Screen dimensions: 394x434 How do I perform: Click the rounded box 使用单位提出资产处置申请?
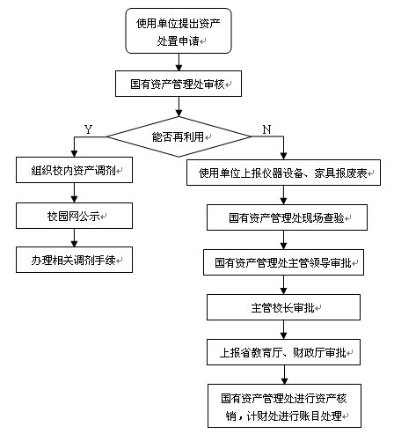click(x=179, y=31)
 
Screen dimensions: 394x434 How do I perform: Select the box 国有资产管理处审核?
click(x=179, y=84)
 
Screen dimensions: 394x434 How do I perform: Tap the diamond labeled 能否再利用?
click(x=179, y=136)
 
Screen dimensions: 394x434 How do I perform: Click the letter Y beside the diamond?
click(x=88, y=129)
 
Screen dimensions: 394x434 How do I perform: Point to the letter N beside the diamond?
click(x=266, y=129)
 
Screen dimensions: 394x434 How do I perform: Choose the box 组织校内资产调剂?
click(x=74, y=170)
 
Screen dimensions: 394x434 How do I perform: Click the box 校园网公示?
click(x=74, y=216)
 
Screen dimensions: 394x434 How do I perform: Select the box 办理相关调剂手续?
click(x=74, y=260)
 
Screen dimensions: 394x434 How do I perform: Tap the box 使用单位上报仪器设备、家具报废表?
click(x=283, y=173)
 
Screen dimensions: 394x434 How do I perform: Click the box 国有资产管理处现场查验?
click(x=287, y=217)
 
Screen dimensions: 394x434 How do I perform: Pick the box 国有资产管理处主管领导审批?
click(x=283, y=262)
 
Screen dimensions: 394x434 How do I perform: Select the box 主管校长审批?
click(x=283, y=307)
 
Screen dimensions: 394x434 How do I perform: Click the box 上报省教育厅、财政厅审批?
click(x=283, y=352)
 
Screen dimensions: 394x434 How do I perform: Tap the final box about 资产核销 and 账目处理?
click(x=284, y=406)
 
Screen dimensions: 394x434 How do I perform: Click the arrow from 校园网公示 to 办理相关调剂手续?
click(x=74, y=238)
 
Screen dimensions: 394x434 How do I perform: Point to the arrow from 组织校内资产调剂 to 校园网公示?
click(x=74, y=193)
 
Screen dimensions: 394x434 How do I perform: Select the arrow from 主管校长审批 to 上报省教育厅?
click(x=283, y=330)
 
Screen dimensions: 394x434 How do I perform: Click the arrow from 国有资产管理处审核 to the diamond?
click(x=179, y=107)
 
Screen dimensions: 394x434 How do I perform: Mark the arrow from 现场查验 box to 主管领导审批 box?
click(x=283, y=240)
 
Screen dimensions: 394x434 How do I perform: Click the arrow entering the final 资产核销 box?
click(x=284, y=375)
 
